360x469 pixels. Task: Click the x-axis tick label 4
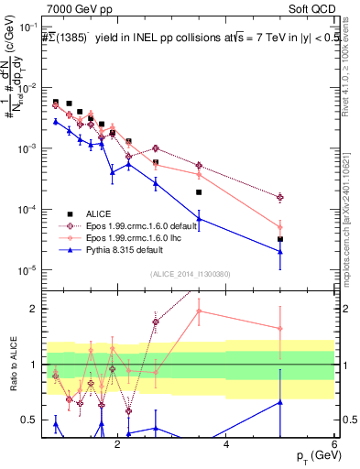tap(226, 445)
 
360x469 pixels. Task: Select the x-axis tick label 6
tap(334, 445)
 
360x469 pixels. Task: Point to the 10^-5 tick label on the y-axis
tap(28, 270)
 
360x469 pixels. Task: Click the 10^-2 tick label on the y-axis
tap(28, 88)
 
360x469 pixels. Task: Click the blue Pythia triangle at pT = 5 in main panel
tap(280, 252)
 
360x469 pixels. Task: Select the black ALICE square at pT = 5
tap(280, 239)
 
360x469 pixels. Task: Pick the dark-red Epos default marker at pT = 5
tap(280, 197)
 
